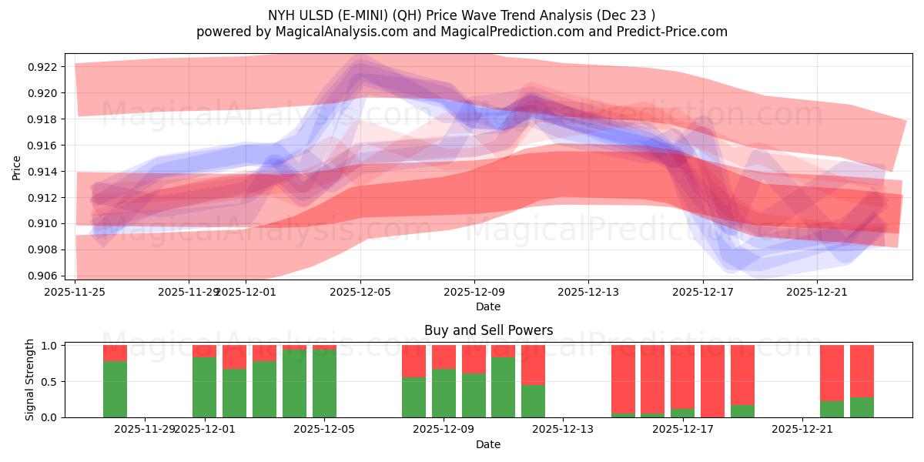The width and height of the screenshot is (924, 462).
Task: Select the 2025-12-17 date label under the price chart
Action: point(702,293)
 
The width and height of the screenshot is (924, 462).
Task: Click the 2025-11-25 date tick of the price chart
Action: point(75,293)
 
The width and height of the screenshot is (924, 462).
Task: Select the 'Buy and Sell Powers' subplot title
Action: point(488,330)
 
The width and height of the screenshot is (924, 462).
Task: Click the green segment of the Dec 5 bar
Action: point(324,383)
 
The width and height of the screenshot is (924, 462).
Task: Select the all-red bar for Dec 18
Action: point(712,381)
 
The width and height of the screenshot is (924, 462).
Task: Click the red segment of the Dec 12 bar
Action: point(533,364)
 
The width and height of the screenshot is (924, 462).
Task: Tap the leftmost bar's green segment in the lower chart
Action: point(115,389)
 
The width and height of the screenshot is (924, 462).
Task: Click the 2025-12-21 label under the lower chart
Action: point(802,429)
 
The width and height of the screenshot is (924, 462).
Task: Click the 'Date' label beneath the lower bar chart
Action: point(488,444)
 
